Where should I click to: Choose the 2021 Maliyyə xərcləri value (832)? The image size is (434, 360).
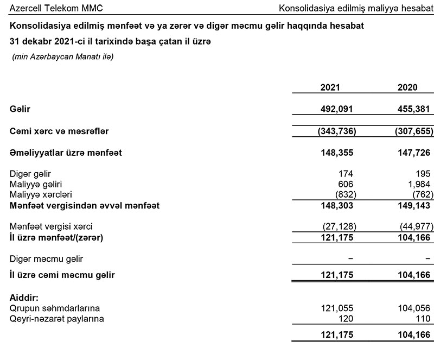click(342, 195)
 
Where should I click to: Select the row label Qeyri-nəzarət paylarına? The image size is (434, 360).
click(56, 319)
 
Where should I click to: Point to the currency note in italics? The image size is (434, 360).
click(63, 56)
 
